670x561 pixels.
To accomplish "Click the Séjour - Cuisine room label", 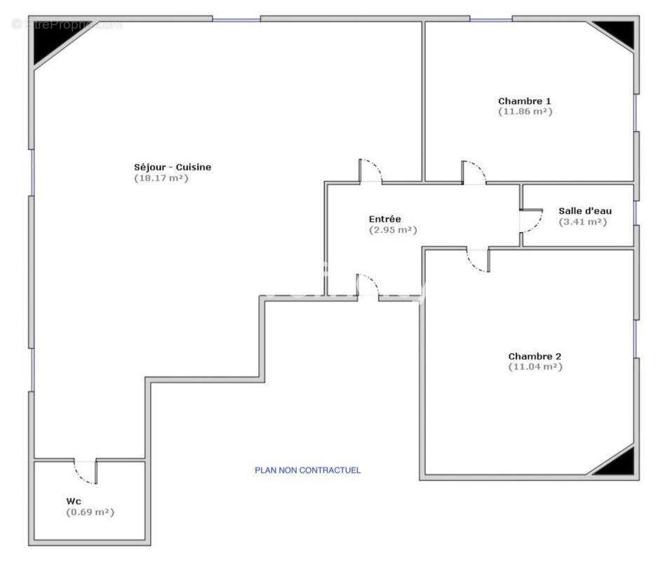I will [172, 167].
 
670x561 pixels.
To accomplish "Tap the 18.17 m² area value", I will [161, 178].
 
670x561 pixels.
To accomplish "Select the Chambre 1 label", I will [525, 101].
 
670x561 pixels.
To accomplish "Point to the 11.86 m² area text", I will [525, 111].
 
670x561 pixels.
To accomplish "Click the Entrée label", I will [385, 219].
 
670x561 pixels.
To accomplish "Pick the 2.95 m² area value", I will [393, 230].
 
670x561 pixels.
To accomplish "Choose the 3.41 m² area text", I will [583, 222].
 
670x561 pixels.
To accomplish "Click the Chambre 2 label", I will [535, 356].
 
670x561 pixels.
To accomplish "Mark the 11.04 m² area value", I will [535, 367].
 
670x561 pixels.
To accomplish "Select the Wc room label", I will [74, 501].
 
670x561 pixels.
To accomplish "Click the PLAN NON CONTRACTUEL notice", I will [307, 471].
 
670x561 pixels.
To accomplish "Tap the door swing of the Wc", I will [86, 472].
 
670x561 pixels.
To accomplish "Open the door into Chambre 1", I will [474, 173].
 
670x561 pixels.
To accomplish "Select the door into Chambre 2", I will [478, 260].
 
